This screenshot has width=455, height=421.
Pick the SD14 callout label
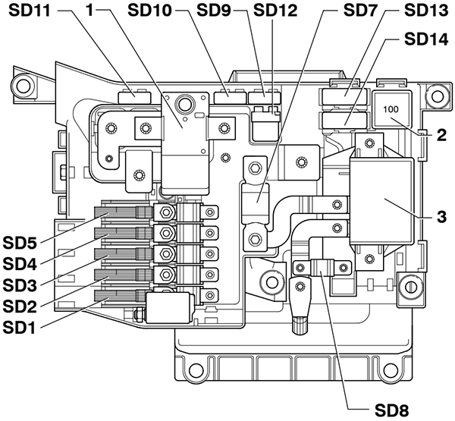(x=426, y=38)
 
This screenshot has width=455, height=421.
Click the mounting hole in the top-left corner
(x=24, y=83)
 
